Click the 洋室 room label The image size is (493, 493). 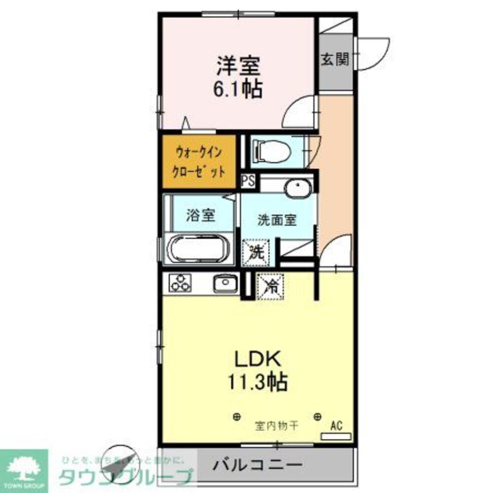coord(237,65)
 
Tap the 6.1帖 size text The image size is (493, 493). coord(237,89)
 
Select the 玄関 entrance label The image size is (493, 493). coord(335,60)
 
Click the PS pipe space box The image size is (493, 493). coord(248,180)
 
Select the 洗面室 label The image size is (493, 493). coord(277,220)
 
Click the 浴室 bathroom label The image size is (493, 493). coord(200,215)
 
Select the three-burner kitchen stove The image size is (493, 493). coord(179,283)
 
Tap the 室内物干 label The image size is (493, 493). coord(276,424)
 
